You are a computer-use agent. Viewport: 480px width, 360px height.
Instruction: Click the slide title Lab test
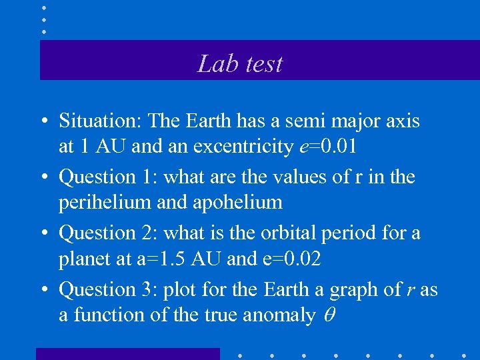(x=240, y=63)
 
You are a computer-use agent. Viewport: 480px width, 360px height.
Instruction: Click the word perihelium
(x=101, y=202)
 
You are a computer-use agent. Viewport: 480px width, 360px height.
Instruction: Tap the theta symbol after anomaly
(x=328, y=315)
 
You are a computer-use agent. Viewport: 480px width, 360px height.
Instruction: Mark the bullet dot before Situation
(x=43, y=122)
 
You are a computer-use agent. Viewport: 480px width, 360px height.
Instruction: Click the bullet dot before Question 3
(x=43, y=290)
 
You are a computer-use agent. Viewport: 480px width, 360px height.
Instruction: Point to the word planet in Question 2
(x=85, y=259)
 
